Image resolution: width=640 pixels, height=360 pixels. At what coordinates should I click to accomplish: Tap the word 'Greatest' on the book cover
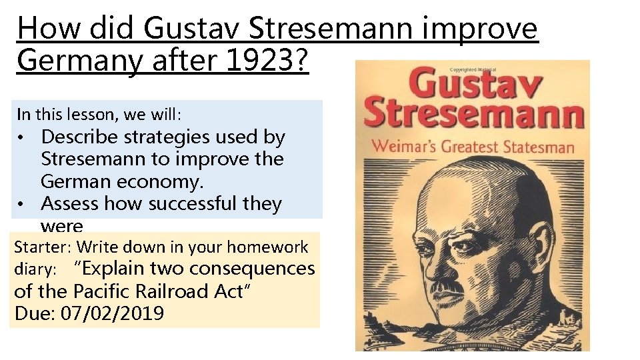point(471,146)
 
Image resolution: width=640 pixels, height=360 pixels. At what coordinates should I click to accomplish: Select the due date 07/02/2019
point(112,313)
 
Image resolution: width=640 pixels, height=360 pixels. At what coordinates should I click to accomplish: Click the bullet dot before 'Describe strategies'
point(23,139)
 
